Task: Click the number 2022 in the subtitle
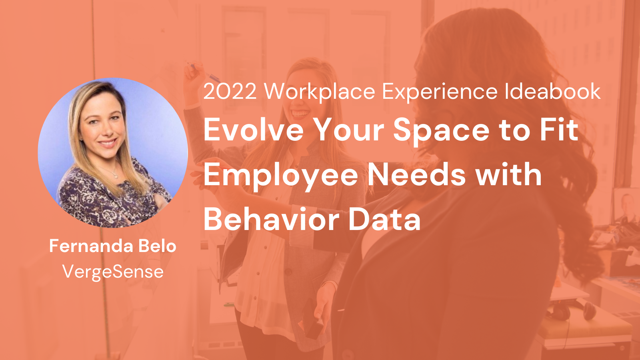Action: [230, 92]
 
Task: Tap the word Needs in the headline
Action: [416, 174]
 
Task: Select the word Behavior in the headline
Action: [271, 219]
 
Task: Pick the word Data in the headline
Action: [384, 219]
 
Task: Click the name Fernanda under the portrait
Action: [91, 246]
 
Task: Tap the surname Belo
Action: [158, 246]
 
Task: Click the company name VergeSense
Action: [113, 272]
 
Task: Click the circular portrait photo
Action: [113, 152]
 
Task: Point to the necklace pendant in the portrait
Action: [116, 176]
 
